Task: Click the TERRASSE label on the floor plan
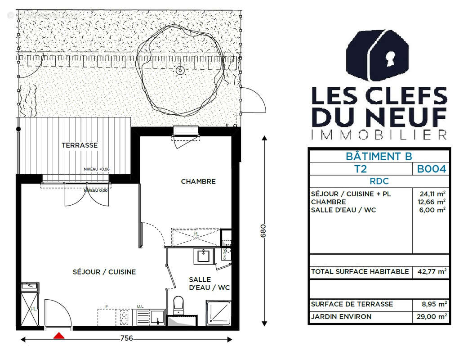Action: coord(80,145)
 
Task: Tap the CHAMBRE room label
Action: coord(198,181)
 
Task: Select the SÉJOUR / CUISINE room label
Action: coord(104,272)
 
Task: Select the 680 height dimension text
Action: coord(264,232)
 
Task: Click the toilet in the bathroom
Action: coord(178,305)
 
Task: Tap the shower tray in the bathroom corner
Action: coord(218,313)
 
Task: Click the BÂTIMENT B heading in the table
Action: coord(379,157)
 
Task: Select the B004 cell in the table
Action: coord(431,169)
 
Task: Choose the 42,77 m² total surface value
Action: coord(430,272)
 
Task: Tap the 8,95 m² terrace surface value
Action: coord(430,304)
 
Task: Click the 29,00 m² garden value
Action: coord(430,317)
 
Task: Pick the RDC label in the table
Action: coord(379,181)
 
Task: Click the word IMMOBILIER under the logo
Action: coord(379,134)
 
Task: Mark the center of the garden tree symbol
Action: coord(180,70)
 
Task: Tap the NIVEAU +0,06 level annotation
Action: coord(97,169)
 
